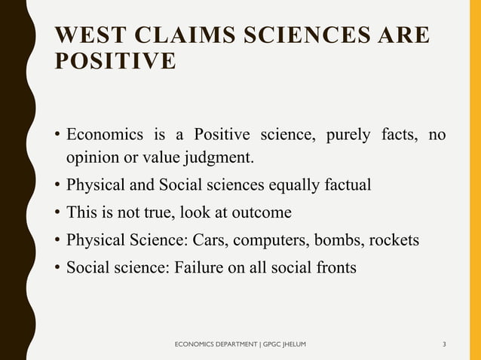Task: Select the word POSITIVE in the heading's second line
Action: coord(115,61)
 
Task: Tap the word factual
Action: coord(344,185)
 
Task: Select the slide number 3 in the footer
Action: coord(444,345)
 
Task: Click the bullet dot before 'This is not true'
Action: coord(57,213)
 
